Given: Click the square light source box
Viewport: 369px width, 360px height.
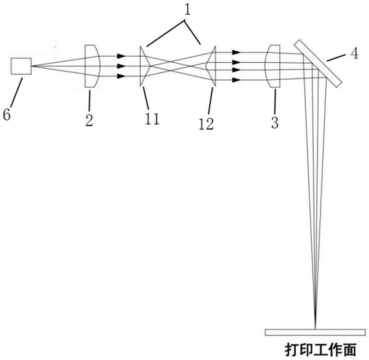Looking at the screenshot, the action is pos(21,66).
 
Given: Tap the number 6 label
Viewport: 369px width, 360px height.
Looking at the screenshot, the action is pos(6,114).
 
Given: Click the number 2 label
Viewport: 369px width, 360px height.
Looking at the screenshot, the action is pos(89,121).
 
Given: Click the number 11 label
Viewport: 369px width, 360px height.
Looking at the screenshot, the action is pos(152,118).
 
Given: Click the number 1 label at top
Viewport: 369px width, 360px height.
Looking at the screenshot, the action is pos(187,10).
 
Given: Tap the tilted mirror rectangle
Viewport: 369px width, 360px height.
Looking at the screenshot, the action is pos(317,63).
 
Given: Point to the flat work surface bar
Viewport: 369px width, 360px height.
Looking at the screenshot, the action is pos(315,332).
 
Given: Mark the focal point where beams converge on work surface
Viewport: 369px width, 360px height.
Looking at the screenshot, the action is pos(315,328).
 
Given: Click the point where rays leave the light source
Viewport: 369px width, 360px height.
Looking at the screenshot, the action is pos(32,66).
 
